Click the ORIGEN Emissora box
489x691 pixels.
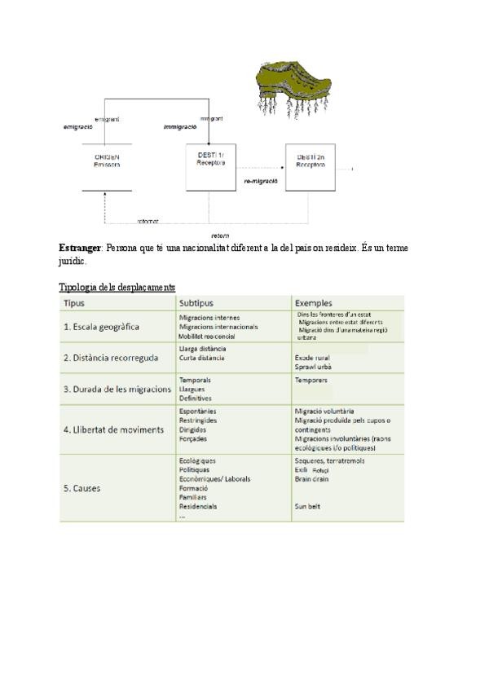[107, 161]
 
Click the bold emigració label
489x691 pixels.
[78, 128]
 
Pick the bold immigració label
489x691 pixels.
[180, 128]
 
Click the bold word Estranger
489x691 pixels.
[80, 248]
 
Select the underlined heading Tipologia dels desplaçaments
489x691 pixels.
[117, 288]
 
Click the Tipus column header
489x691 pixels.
[74, 303]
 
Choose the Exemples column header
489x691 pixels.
[315, 303]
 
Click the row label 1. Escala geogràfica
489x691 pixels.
[102, 327]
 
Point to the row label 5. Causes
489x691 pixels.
[81, 489]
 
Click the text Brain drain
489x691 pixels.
[311, 479]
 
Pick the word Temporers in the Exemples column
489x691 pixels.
[311, 381]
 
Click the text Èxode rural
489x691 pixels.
[313, 358]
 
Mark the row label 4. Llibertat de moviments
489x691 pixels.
[113, 429]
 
